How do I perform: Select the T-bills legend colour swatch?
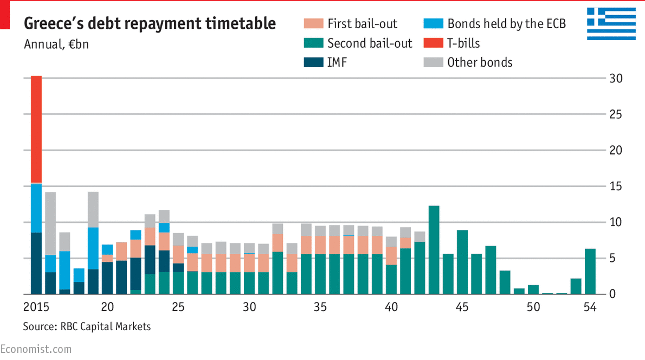click(x=432, y=43)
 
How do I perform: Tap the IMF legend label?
click(x=337, y=62)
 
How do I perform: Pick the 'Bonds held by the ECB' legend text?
click(x=506, y=24)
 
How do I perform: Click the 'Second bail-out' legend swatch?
click(x=313, y=43)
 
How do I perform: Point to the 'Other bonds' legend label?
click(x=479, y=62)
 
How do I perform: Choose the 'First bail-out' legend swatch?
click(x=313, y=24)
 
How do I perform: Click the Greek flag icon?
click(x=611, y=24)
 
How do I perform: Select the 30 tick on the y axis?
click(x=615, y=79)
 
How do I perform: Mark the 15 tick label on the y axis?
click(x=615, y=187)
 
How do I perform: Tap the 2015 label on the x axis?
click(x=36, y=307)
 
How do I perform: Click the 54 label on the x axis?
click(x=590, y=307)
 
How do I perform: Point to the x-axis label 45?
click(x=462, y=307)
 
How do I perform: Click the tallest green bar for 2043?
click(x=434, y=249)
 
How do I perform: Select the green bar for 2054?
click(x=590, y=271)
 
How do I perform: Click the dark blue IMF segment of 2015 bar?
click(x=36, y=263)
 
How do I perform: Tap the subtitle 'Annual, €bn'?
click(x=56, y=44)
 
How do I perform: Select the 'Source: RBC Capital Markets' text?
click(x=87, y=326)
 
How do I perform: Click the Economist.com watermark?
click(x=36, y=349)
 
